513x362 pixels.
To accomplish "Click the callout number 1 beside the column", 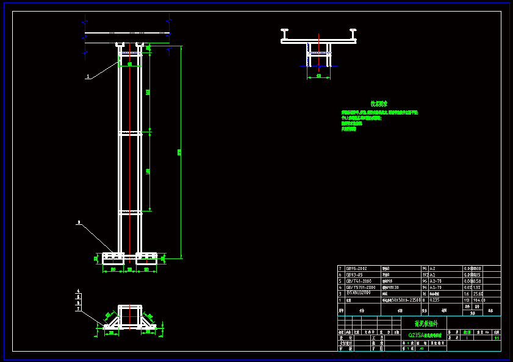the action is coord(88,76).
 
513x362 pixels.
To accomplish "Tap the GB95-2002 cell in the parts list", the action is coord(357,268).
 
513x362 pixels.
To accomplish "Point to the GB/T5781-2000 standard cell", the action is coord(360,287).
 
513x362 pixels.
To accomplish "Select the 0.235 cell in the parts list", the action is coord(435,300).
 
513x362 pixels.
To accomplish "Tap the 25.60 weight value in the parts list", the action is coord(478,293).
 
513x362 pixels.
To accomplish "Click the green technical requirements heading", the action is coord(379,104).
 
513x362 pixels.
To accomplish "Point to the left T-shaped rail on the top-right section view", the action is coord(284,33).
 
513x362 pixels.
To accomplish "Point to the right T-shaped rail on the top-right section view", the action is coord(353,33).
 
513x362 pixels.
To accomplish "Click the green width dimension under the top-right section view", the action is coord(318,76).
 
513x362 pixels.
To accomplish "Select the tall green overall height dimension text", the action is coord(179,152).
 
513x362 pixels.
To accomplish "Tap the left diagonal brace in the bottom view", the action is coord(111,318).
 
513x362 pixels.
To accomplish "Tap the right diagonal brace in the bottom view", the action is coord(148,318).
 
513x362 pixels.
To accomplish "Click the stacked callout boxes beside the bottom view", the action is coord(78,300).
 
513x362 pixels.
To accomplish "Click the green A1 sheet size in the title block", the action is coord(422,349).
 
